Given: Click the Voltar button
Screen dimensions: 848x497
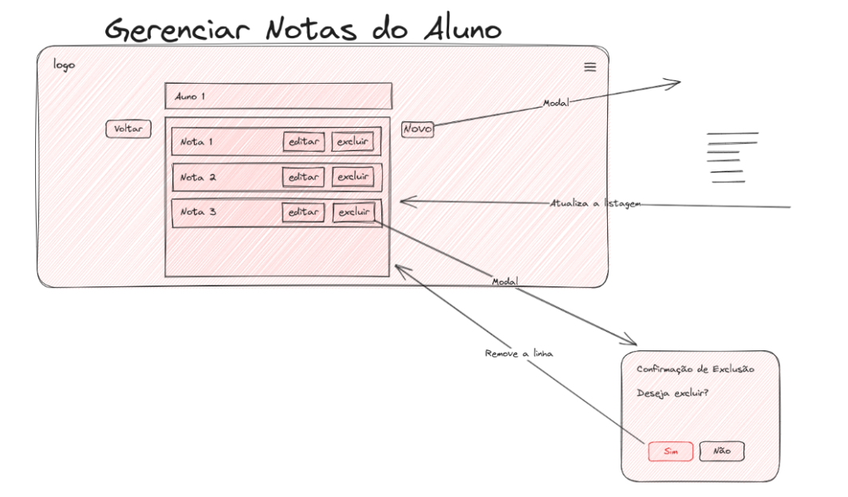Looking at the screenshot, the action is pyautogui.click(x=128, y=128).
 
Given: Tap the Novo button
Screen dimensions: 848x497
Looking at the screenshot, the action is pyautogui.click(x=417, y=129).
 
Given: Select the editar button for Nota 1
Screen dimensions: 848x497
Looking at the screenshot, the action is pyautogui.click(x=303, y=142).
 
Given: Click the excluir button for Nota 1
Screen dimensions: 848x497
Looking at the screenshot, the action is pyautogui.click(x=353, y=142).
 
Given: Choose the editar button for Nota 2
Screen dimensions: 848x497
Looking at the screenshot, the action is pyautogui.click(x=303, y=177).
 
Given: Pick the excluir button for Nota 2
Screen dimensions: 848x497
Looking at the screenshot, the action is pyautogui.click(x=353, y=176).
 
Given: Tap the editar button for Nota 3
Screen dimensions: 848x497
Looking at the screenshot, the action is pyautogui.click(x=303, y=212).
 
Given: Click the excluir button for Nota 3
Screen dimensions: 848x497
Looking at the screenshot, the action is pyautogui.click(x=353, y=212).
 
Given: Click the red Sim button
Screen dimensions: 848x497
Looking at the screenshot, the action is pyautogui.click(x=671, y=451).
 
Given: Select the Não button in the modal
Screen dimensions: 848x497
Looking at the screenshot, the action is pyautogui.click(x=721, y=451).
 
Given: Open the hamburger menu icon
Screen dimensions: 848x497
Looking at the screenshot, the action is pyautogui.click(x=590, y=67).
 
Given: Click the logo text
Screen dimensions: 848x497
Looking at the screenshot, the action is pyautogui.click(x=64, y=65).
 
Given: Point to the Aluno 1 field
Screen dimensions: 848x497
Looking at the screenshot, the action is pyautogui.click(x=278, y=97).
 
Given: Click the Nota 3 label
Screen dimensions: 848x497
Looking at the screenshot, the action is pyautogui.click(x=198, y=211).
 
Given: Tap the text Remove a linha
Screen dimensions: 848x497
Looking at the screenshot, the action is pyautogui.click(x=519, y=353).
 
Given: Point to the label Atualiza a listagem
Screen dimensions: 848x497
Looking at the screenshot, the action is pyautogui.click(x=595, y=203).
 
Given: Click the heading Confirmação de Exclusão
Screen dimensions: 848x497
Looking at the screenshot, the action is pyautogui.click(x=695, y=369).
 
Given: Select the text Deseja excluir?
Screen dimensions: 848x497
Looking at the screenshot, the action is pyautogui.click(x=672, y=393).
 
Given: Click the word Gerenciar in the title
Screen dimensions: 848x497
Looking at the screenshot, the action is pyautogui.click(x=177, y=30).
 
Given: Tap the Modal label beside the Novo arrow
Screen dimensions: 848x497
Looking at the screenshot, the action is pyautogui.click(x=556, y=103).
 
